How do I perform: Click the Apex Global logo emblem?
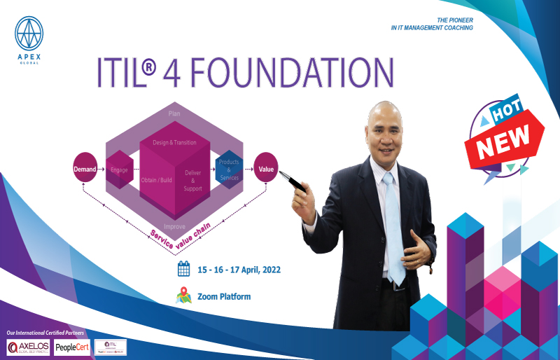pyautogui.click(x=29, y=32)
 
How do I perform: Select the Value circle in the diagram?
pyautogui.click(x=266, y=169)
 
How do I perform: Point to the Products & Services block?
pyautogui.click(x=229, y=169)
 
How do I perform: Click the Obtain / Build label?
pyautogui.click(x=156, y=180)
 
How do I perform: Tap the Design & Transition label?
pyautogui.click(x=174, y=142)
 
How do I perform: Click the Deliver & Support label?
pyautogui.click(x=192, y=180)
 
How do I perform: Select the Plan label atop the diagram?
pyautogui.click(x=174, y=112)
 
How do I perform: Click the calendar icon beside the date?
pyautogui.click(x=184, y=268)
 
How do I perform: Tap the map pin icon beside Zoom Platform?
pyautogui.click(x=183, y=296)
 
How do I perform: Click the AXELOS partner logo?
pyautogui.click(x=28, y=347)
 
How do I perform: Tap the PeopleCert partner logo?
pyautogui.click(x=72, y=347)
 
